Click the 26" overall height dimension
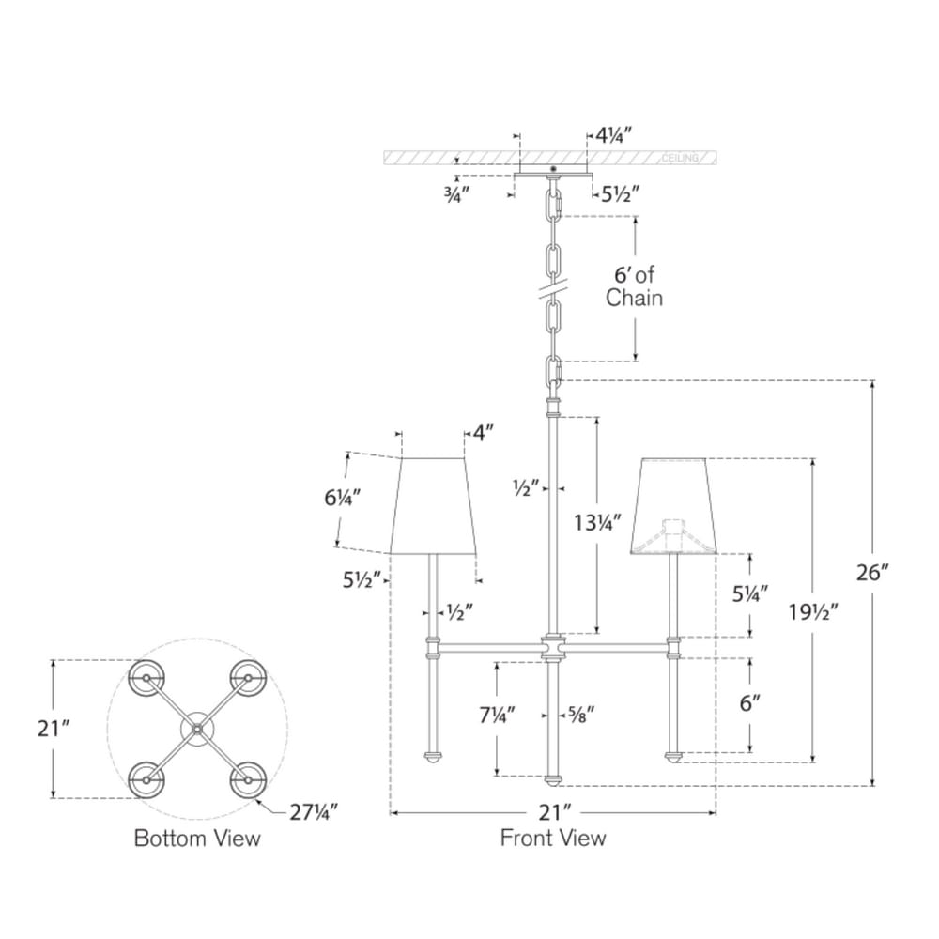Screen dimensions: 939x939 pos(872,573)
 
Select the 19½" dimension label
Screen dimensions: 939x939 pos(813,611)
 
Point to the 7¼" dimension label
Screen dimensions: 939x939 pos(497,715)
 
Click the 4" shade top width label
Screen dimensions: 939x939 pos(483,432)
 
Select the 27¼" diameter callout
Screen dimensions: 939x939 pos(314,812)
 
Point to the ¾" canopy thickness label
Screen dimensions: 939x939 pos(456,194)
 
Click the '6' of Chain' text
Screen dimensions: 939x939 pos(634,286)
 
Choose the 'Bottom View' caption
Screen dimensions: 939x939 pos(197,838)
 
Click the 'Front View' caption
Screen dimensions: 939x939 pos(553,838)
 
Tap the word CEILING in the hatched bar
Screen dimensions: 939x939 pos(680,158)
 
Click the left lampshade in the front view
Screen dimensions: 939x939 pos(433,505)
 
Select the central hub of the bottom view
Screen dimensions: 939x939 pos(197,729)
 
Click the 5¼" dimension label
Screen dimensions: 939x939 pos(749,594)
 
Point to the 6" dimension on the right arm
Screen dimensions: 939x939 pos(749,703)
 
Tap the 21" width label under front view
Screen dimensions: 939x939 pos(555,812)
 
